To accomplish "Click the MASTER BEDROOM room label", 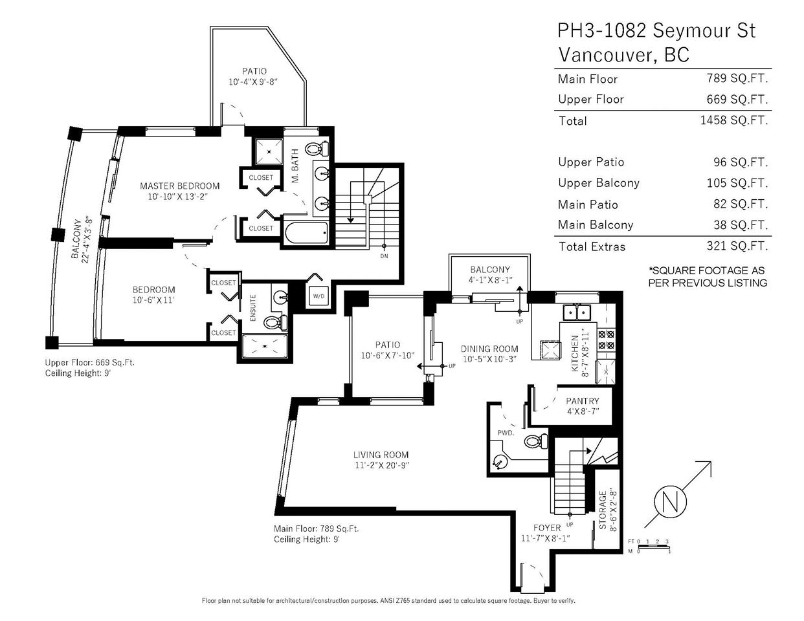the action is coord(179,186).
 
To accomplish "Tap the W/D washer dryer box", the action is coord(318,296).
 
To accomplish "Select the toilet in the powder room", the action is coord(537,441).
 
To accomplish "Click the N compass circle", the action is coord(671,502).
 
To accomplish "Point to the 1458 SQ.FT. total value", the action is coord(734,120).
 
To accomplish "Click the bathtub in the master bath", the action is coord(306,233).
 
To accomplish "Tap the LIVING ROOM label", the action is coord(381,455).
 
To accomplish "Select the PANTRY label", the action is coord(583,401).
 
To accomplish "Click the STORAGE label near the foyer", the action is coord(603,510).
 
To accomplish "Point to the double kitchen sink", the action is coord(577,312).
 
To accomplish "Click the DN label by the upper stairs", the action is coord(384,256).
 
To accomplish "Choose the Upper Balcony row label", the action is coord(599,183).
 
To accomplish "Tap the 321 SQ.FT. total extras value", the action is coord(737,246).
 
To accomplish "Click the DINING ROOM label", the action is coord(489,349).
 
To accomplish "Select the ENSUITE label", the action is coord(253,308).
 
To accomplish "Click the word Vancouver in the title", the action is coord(607,55).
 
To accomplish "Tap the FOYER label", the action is coord(547,528).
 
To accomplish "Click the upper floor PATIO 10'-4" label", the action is coord(254,76).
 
